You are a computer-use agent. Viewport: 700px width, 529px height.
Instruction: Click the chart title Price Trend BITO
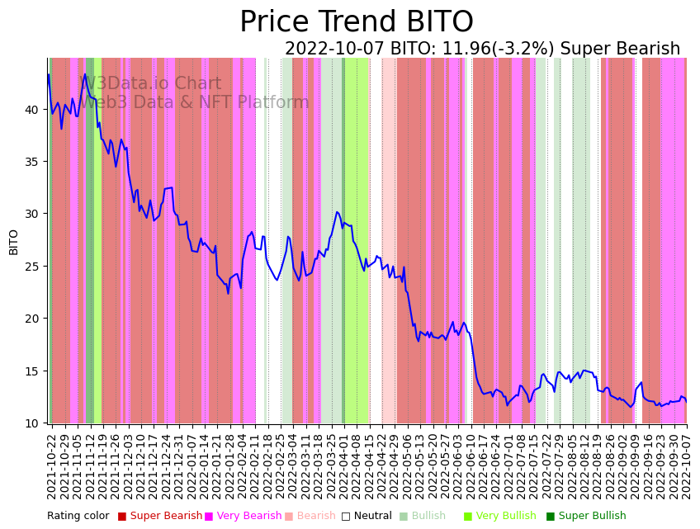(x=356, y=22)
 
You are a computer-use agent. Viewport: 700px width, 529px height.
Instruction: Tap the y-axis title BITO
(x=13, y=241)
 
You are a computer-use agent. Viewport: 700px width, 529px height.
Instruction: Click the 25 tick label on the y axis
(x=31, y=267)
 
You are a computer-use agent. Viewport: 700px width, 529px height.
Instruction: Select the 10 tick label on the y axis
(x=31, y=423)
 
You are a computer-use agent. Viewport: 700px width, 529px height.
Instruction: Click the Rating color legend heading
(x=78, y=517)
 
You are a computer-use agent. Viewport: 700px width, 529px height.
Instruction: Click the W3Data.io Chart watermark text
(x=150, y=84)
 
